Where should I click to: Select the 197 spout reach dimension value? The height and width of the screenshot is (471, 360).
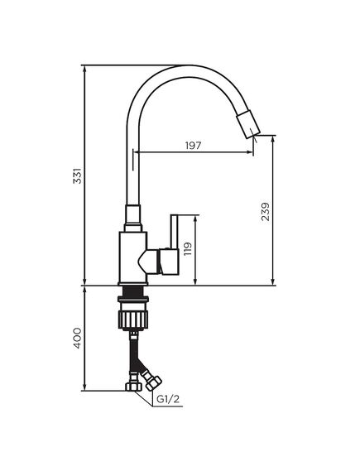194,146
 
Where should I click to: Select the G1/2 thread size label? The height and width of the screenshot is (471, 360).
169,401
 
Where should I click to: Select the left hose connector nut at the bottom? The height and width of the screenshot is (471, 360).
130,385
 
